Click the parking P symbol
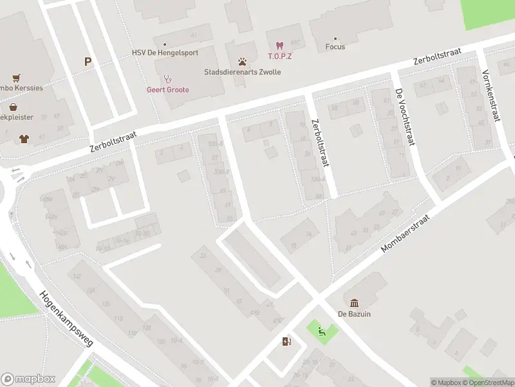point(88,62)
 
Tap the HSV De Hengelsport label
point(165,53)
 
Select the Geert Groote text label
point(168,90)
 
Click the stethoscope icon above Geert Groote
point(167,79)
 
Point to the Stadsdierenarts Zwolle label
point(242,72)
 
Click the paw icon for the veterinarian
point(242,62)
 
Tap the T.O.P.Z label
point(279,56)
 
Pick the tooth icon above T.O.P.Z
point(279,45)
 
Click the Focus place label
point(335,46)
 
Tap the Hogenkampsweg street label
point(67,319)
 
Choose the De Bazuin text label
point(355,314)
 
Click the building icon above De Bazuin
point(355,303)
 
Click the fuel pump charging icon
point(286,342)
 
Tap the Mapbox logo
point(28,379)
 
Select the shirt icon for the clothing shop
point(24,137)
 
